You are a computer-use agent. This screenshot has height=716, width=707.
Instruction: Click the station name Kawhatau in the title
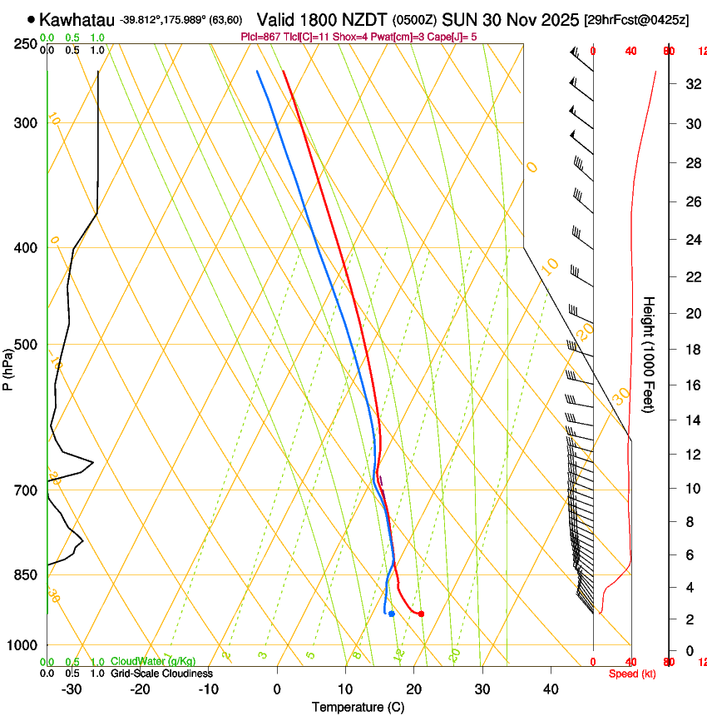click(x=77, y=19)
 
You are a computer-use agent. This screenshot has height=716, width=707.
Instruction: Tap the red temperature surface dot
click(x=421, y=614)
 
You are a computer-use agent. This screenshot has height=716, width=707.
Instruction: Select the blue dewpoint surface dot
click(x=391, y=614)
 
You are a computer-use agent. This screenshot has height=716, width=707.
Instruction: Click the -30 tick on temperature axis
click(x=72, y=689)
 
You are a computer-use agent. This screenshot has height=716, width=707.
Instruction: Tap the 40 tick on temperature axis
click(x=550, y=689)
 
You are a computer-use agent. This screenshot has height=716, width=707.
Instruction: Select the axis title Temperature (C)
click(x=358, y=707)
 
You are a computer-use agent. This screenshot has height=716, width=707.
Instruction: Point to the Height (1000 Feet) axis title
click(x=650, y=354)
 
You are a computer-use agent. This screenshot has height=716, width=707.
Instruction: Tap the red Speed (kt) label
click(x=632, y=674)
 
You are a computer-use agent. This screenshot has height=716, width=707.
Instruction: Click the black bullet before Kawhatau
click(x=32, y=19)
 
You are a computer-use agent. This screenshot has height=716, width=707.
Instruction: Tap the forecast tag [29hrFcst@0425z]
click(x=635, y=19)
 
